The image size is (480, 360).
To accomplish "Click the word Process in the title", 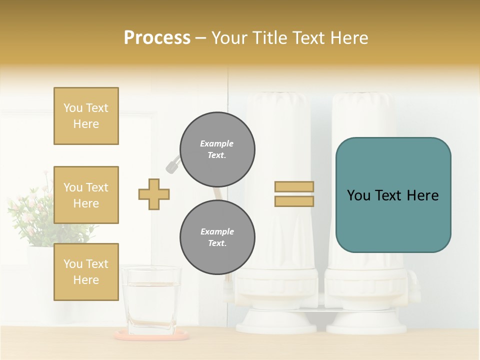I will click(157, 38).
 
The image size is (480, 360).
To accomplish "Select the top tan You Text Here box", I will click(86, 116).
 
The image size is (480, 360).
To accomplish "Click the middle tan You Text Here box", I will click(86, 195).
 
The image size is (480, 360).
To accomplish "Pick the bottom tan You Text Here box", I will click(86, 272).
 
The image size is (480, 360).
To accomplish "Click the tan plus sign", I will click(154, 194).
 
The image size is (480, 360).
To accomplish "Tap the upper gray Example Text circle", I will click(217, 149).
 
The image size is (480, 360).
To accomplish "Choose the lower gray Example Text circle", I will click(217, 237).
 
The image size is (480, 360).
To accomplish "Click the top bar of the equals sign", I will click(294, 187).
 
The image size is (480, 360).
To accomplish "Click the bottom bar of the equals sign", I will click(294, 201).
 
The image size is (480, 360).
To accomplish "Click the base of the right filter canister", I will click(366, 320).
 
